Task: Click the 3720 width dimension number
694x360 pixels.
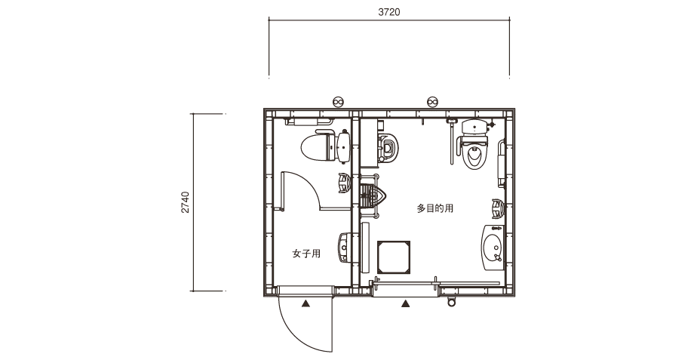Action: [x=389, y=12]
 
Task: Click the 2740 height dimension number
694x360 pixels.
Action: [x=186, y=202]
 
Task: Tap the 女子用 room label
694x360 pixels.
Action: [x=306, y=254]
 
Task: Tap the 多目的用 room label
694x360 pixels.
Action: [x=435, y=208]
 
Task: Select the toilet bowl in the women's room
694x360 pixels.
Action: [x=325, y=146]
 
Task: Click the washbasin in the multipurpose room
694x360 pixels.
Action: [x=493, y=247]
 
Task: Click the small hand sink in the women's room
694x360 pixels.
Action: [x=345, y=247]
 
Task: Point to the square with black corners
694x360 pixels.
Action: [x=394, y=257]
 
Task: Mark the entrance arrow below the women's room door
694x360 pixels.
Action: [x=306, y=303]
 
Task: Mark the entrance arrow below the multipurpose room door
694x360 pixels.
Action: [x=405, y=303]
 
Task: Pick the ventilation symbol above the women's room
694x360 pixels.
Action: [x=339, y=102]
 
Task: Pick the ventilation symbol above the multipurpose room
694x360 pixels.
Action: [x=432, y=102]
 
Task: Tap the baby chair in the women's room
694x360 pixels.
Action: [x=345, y=183]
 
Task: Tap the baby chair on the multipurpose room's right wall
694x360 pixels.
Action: [x=499, y=209]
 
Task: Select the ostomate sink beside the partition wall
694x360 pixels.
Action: [x=373, y=195]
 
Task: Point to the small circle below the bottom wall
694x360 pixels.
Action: [x=451, y=303]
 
